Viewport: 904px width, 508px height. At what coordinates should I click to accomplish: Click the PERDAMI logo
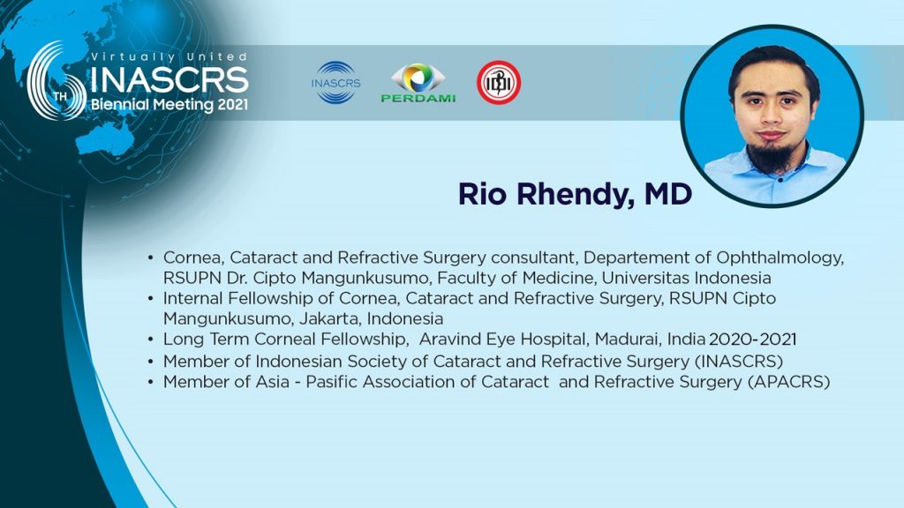coord(418,83)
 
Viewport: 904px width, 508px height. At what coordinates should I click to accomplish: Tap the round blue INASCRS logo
coord(336,82)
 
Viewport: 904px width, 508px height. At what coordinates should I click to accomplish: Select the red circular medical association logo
coord(499,82)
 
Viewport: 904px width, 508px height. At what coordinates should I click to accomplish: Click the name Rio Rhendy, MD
coord(575,194)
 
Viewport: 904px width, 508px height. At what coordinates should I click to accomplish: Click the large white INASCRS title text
coord(169,80)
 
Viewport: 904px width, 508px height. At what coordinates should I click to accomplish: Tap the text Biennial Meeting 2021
coord(169,105)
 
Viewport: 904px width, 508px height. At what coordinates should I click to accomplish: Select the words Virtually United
coord(169,56)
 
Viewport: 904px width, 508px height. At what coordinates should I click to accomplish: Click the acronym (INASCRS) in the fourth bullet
coord(739,362)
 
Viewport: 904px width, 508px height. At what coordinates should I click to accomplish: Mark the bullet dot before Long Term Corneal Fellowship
coord(150,340)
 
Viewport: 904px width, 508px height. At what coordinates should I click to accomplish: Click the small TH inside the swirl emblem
coord(60,96)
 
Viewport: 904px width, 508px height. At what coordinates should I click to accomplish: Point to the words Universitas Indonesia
coord(686,278)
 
